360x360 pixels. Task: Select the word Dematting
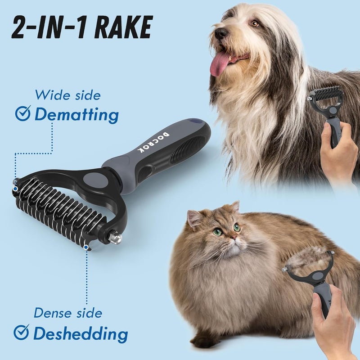76,115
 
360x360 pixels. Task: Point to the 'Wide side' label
67,95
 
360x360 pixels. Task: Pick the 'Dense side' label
68,313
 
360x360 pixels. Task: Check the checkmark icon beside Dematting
22,114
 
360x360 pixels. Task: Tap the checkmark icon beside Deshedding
21,333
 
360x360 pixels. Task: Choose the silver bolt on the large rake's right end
117,237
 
